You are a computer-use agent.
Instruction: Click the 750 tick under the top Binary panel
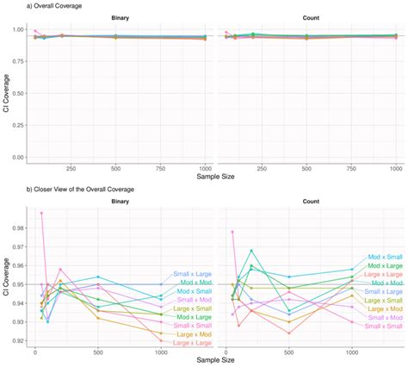[159, 168]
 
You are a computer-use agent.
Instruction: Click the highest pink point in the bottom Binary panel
[40, 213]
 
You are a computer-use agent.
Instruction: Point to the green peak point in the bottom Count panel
[251, 251]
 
